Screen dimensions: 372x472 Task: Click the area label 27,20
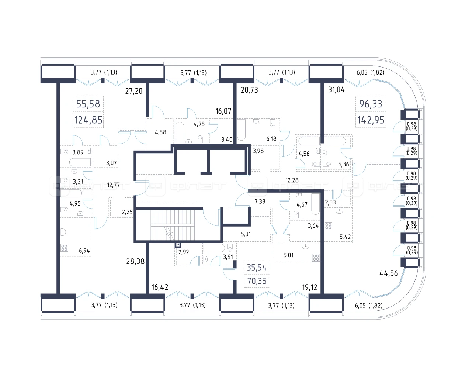tap(133, 91)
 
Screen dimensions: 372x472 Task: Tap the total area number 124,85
tap(88, 120)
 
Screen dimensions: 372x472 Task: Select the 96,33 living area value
tap(371, 104)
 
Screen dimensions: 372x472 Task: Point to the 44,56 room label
tap(389, 273)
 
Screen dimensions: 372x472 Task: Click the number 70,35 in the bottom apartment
tap(257, 281)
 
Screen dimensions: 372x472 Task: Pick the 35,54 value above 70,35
tap(257, 268)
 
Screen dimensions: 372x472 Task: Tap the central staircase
tap(172, 225)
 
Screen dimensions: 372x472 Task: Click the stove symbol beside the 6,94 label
tap(64, 248)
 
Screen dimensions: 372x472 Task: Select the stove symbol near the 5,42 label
tap(328, 226)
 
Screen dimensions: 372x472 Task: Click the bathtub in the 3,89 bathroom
tap(80, 162)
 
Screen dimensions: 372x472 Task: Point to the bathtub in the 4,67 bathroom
tap(315, 204)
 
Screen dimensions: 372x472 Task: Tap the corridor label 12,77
tap(113, 185)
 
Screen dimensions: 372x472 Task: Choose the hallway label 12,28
tap(292, 180)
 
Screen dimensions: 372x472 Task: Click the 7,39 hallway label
tap(260, 201)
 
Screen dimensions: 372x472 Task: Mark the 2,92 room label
tap(183, 252)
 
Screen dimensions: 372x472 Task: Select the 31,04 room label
tap(336, 89)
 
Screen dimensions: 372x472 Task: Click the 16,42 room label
tap(160, 287)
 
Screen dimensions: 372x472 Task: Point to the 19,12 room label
tap(309, 287)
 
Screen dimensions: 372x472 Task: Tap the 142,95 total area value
tap(371, 120)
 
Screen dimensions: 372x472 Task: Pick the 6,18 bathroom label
tap(271, 139)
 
